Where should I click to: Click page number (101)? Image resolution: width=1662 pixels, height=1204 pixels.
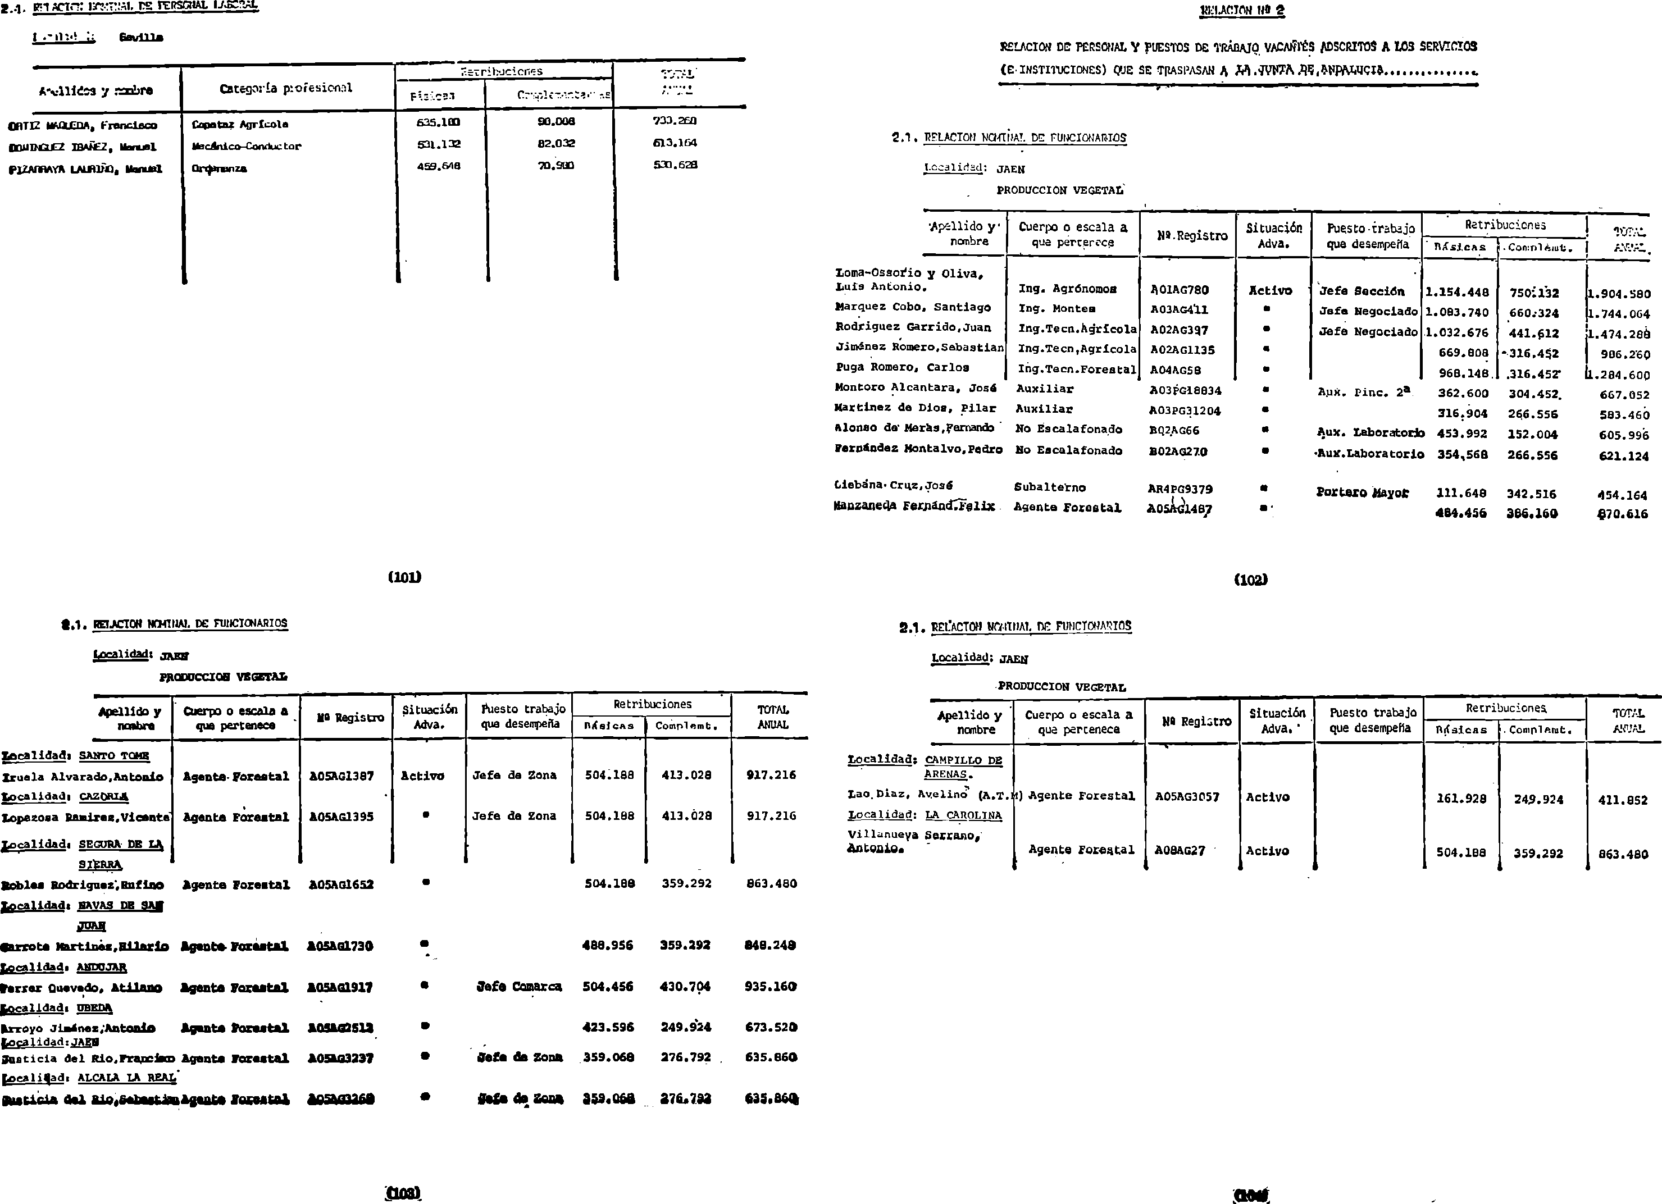pyautogui.click(x=404, y=577)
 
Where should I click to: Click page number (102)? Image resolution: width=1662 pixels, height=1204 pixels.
pyautogui.click(x=1250, y=580)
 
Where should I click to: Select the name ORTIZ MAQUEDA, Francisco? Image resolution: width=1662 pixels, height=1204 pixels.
pyautogui.click(x=82, y=125)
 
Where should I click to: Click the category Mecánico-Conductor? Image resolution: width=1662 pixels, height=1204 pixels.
pyautogui.click(x=246, y=146)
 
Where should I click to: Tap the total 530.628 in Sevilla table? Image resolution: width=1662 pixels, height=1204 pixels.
pyautogui.click(x=675, y=165)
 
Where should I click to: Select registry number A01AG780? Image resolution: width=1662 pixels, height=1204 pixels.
pyautogui.click(x=1179, y=290)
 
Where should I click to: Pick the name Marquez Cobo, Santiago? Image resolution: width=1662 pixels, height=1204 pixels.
pyautogui.click(x=913, y=308)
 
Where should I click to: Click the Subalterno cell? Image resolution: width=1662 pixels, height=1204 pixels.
pyautogui.click(x=1049, y=488)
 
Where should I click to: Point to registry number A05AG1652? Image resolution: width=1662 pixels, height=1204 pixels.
pyautogui.click(x=341, y=884)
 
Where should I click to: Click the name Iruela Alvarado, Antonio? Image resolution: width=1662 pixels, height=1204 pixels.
pyautogui.click(x=82, y=777)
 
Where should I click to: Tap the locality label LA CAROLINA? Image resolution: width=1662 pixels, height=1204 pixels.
pyautogui.click(x=963, y=815)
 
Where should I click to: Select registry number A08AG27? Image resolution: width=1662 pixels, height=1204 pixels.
pyautogui.click(x=1180, y=851)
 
